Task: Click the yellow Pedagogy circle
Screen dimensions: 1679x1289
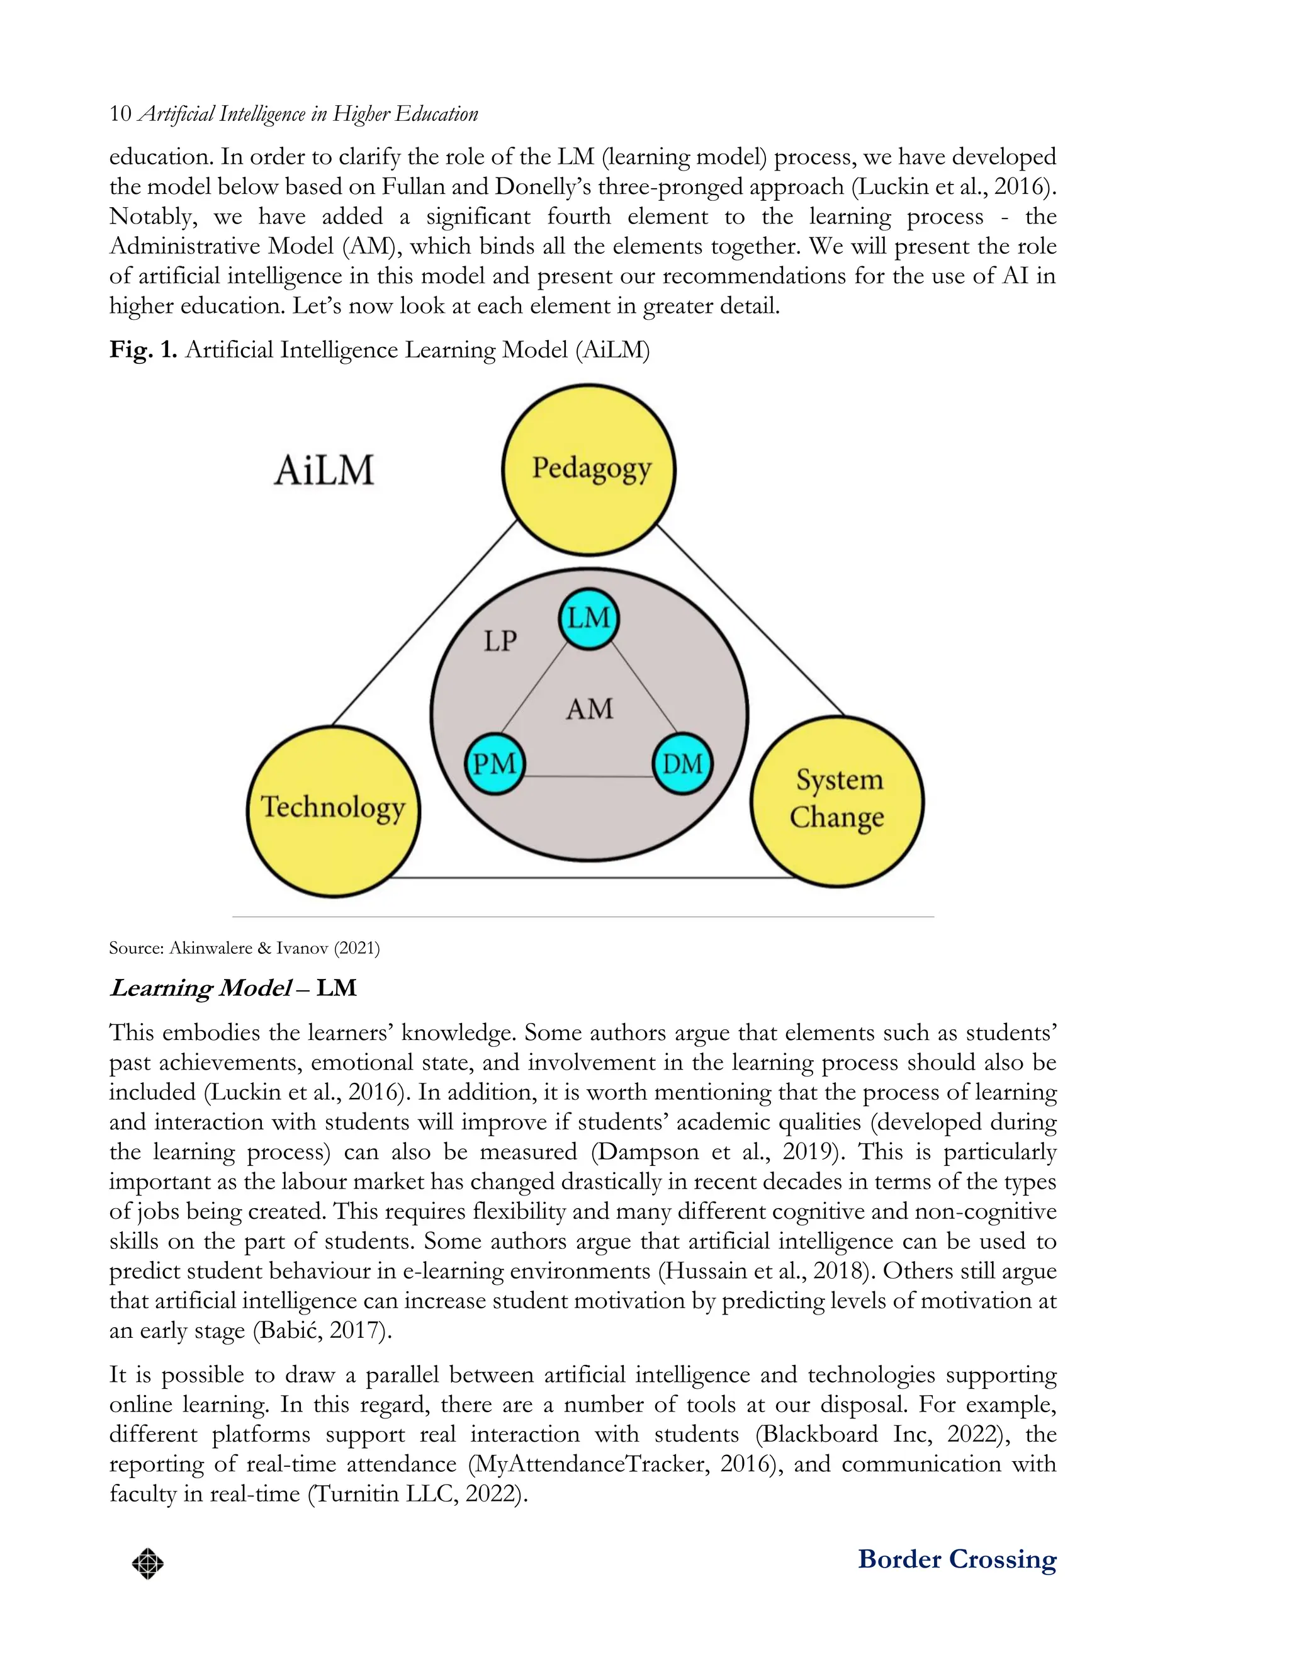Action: click(588, 469)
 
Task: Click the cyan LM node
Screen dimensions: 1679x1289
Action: click(588, 618)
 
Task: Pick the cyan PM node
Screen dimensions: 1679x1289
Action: click(494, 764)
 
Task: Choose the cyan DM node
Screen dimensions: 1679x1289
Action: click(682, 764)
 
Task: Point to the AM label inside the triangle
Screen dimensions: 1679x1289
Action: click(589, 708)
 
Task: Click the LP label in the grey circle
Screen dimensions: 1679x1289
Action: click(500, 641)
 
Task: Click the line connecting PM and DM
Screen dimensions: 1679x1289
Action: click(588, 777)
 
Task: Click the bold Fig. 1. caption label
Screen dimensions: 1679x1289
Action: click(144, 350)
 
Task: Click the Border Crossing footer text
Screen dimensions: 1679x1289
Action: click(957, 1559)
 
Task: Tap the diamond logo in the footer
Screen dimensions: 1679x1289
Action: click(147, 1563)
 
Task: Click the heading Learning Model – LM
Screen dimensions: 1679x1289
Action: click(234, 988)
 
